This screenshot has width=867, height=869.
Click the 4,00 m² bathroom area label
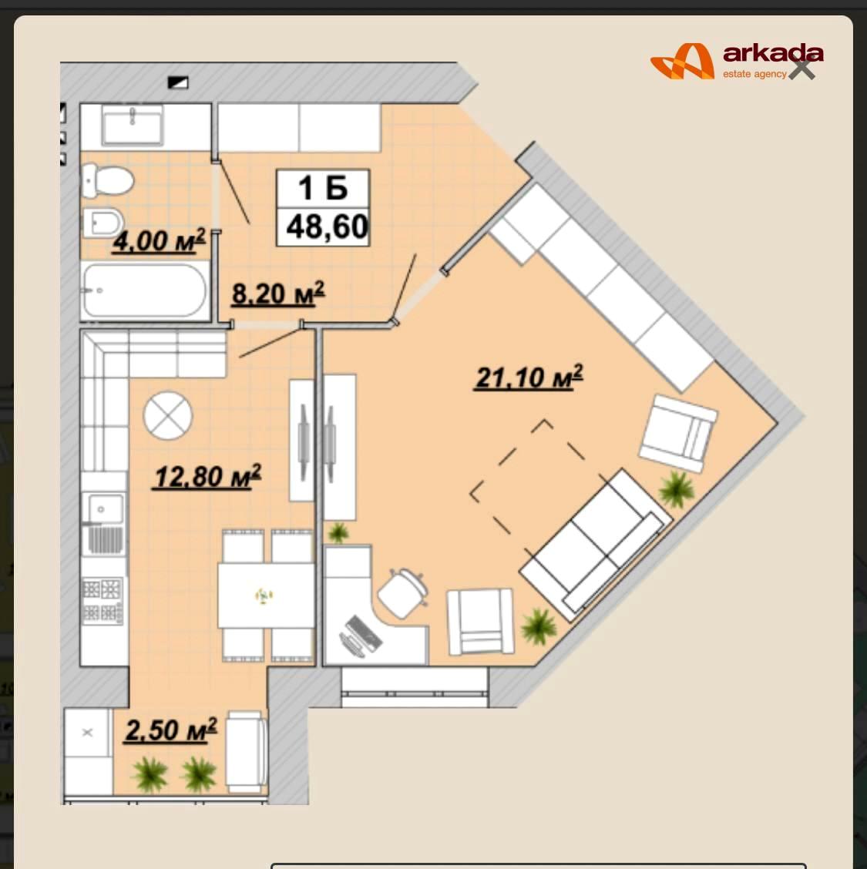159,241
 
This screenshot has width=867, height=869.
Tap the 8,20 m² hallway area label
277,294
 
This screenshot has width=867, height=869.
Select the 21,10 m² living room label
529,377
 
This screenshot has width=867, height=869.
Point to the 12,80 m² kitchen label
207,476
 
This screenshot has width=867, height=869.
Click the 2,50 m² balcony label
171,730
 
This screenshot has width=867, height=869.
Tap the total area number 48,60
327,227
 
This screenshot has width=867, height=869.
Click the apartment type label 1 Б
323,188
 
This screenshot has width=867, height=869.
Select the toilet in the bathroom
108,181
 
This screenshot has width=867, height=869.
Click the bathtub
145,290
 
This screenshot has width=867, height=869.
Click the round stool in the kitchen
167,416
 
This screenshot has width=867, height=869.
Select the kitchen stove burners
102,600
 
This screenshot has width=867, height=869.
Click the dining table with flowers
266,596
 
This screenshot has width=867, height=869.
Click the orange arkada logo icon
682,62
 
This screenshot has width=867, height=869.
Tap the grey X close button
801,68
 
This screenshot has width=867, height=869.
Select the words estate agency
754,74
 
